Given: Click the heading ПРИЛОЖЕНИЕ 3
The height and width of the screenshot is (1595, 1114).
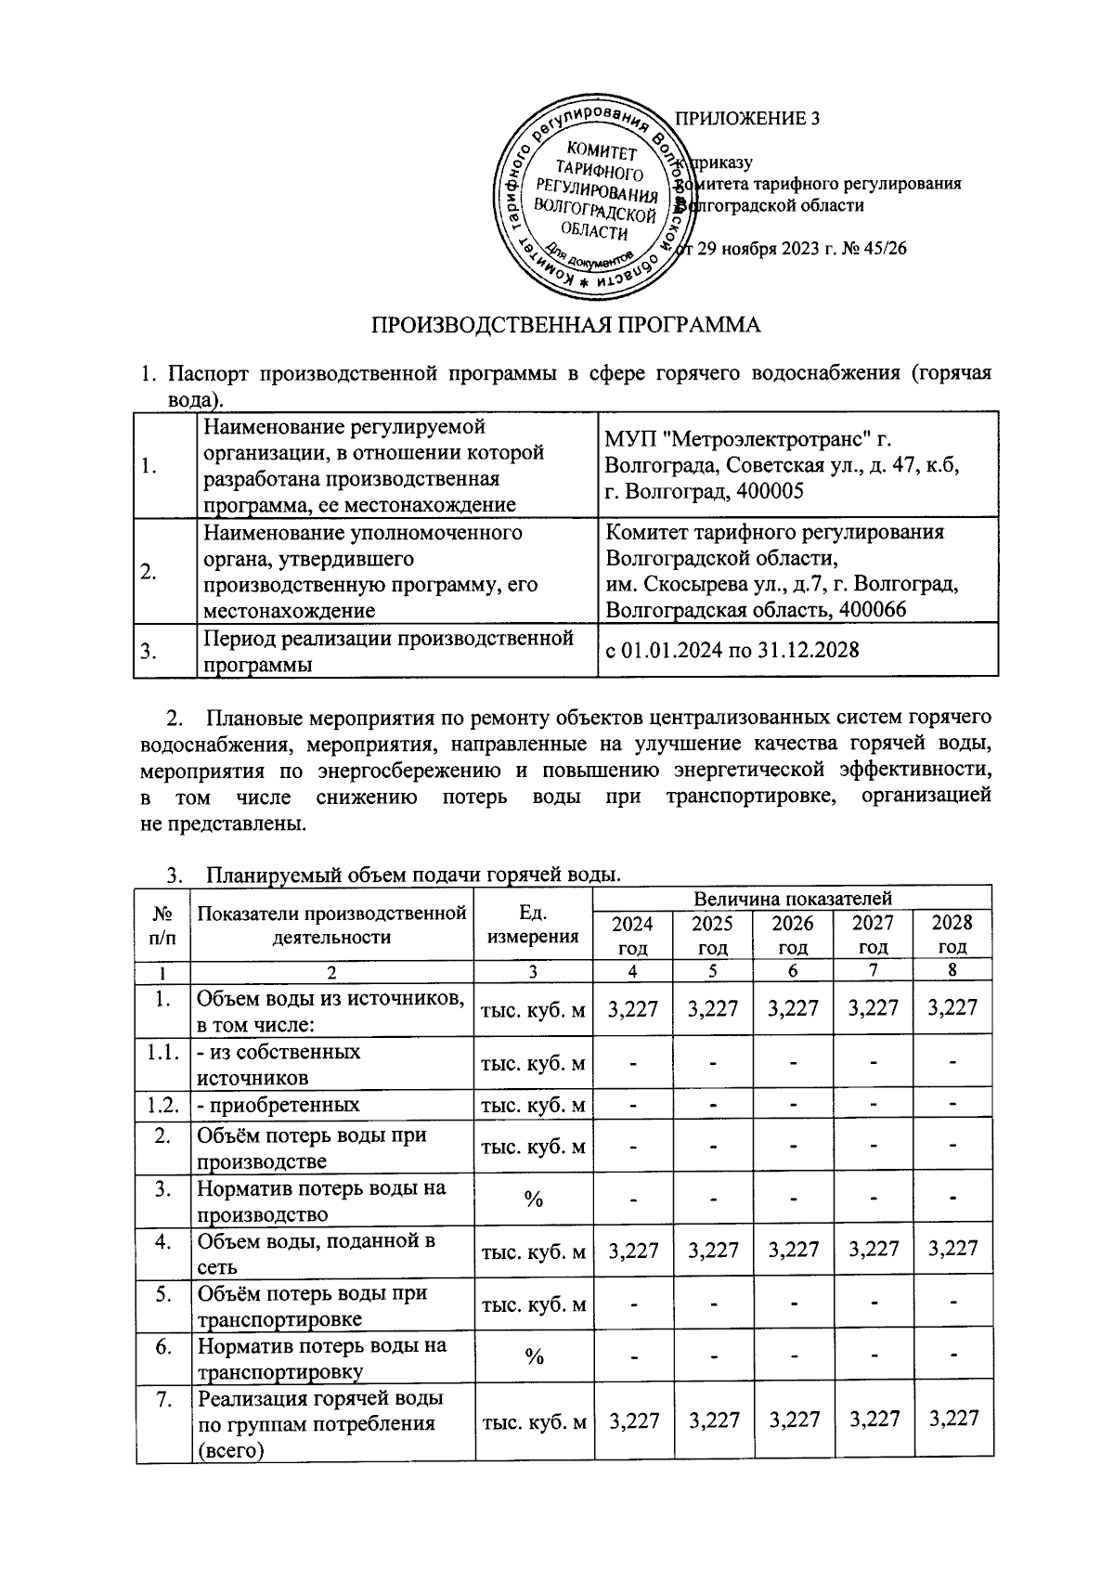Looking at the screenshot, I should tap(747, 119).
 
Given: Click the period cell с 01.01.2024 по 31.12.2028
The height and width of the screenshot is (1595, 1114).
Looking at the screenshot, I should tap(732, 649).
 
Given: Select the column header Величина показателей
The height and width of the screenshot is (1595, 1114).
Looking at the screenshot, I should tap(792, 898).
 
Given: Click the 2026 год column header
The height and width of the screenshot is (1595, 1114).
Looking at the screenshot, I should tap(793, 934).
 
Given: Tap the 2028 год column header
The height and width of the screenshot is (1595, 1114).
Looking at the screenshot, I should tap(952, 934).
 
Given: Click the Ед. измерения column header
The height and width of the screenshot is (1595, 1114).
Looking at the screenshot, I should tap(532, 924).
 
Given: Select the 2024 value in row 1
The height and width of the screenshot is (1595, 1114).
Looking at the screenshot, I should tap(633, 1007).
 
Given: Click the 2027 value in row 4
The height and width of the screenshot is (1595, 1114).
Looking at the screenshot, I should tap(874, 1250).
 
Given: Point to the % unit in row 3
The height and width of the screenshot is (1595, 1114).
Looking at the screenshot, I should tap(533, 1199).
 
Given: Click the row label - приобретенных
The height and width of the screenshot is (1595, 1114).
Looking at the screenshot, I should tap(278, 1105).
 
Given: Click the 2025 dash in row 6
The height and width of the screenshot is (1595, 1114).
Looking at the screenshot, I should tap(713, 1357).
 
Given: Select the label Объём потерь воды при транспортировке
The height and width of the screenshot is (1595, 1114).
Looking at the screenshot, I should tap(311, 1304).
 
